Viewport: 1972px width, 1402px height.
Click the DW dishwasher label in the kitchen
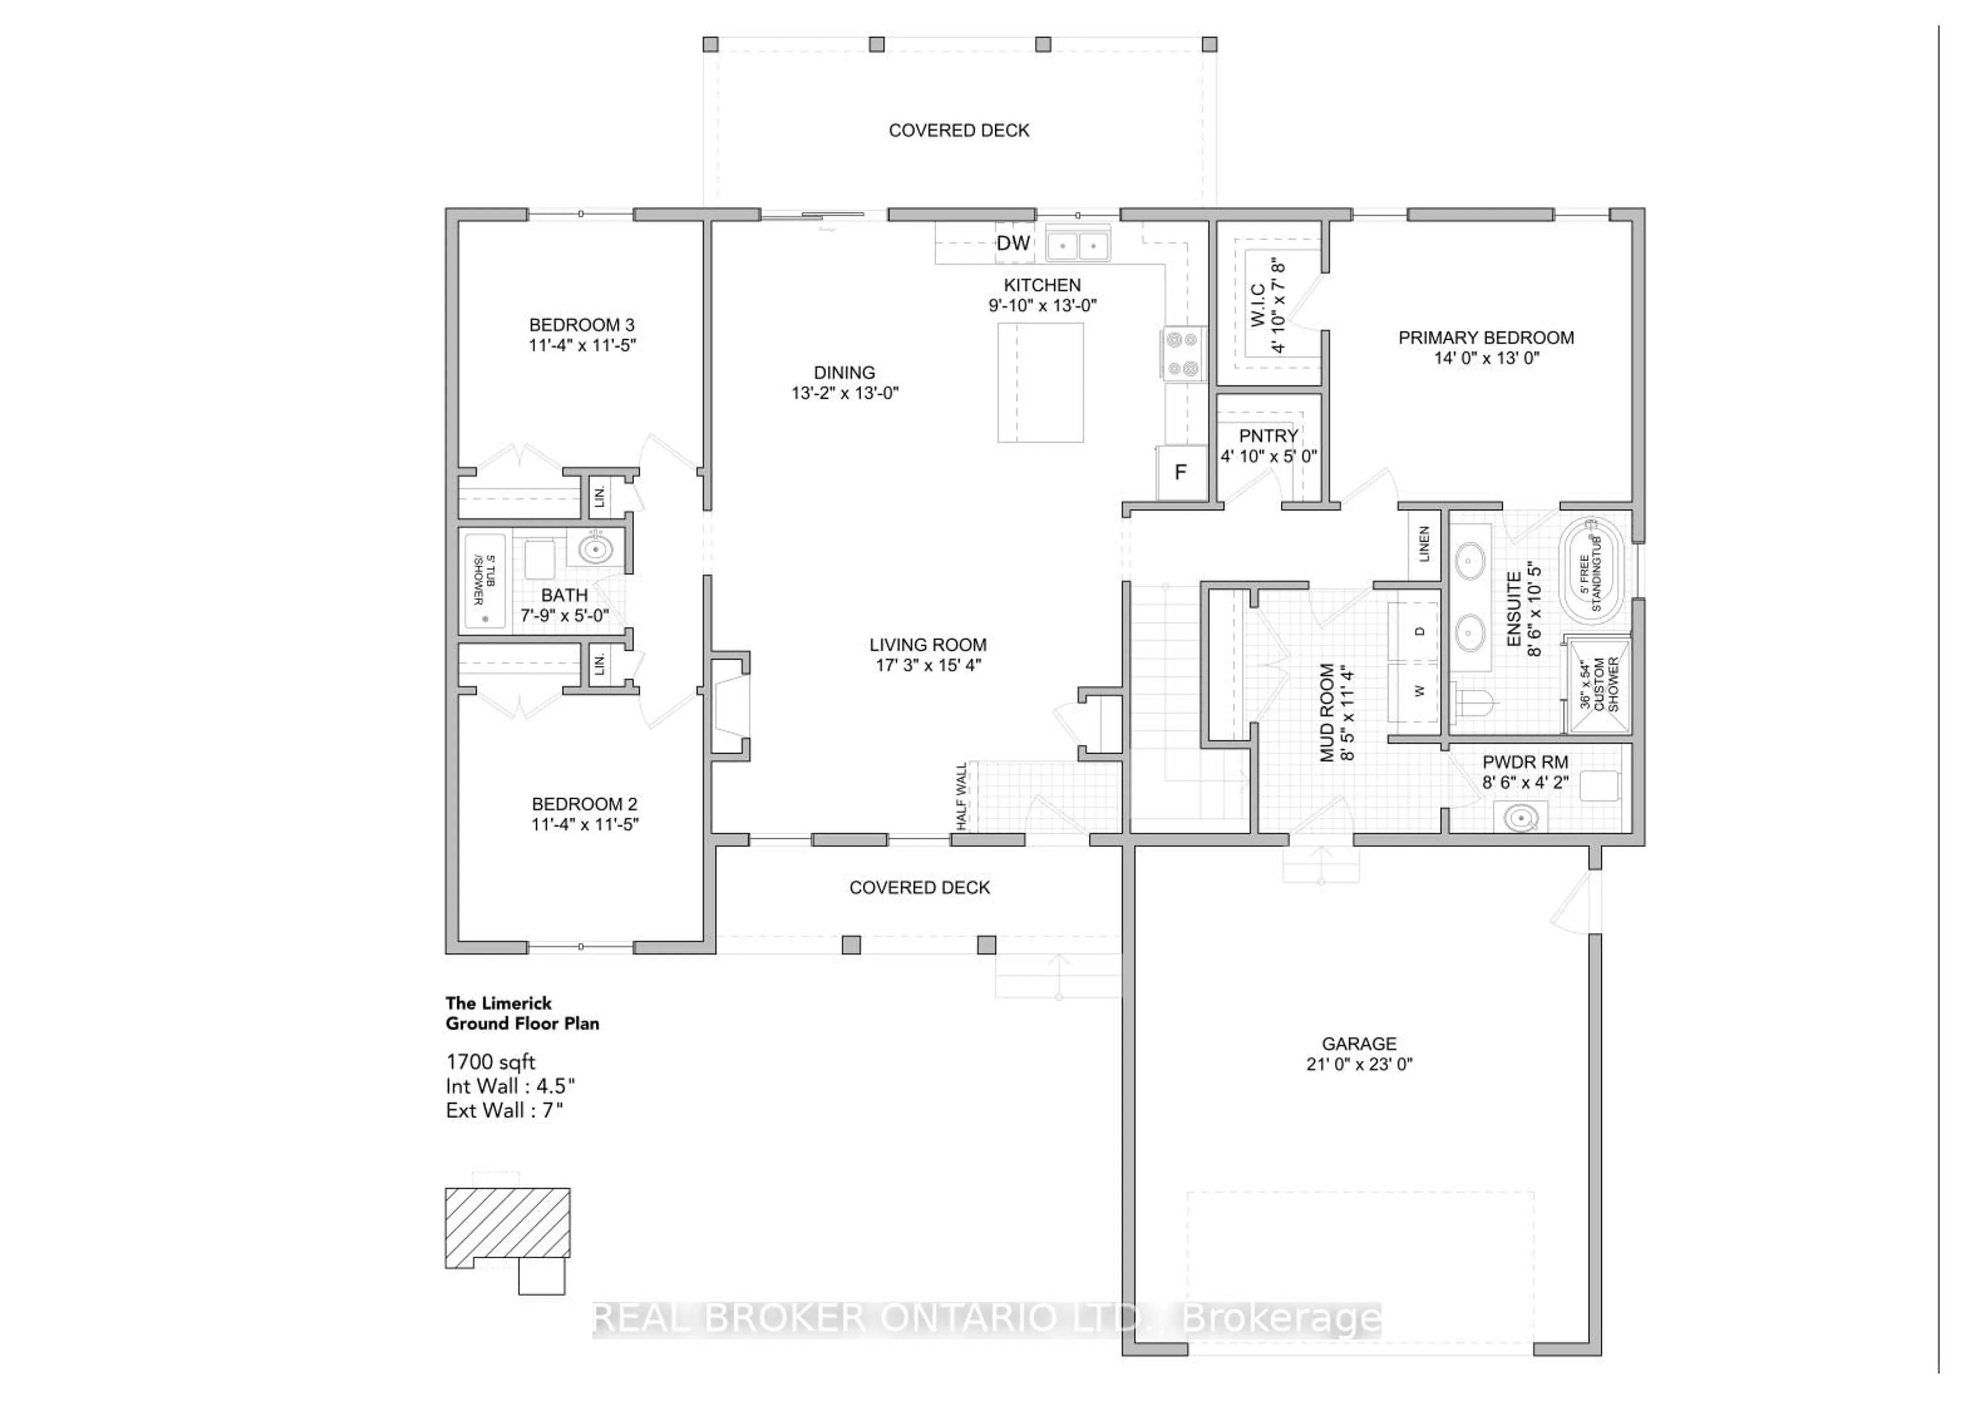coord(1013,243)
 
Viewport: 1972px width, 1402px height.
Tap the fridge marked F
coord(1180,472)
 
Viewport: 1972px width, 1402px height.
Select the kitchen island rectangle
coord(1040,382)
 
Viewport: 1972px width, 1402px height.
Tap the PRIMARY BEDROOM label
coord(1485,338)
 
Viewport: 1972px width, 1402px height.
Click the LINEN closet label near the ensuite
coord(1424,544)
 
